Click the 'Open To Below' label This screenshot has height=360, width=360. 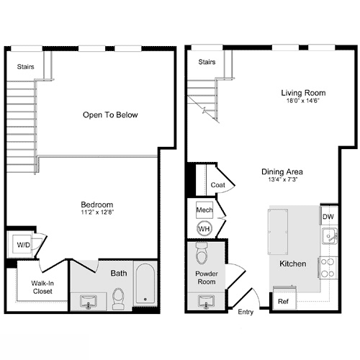(x=110, y=114)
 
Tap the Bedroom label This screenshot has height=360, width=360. (x=96, y=204)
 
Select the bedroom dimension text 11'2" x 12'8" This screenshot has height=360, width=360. (x=96, y=212)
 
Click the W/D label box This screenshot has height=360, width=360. (x=24, y=245)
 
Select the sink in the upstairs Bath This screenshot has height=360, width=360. (x=89, y=300)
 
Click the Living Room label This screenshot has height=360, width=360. (x=303, y=93)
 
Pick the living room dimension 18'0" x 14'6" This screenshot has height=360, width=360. (x=303, y=102)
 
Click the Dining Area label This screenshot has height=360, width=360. (x=282, y=172)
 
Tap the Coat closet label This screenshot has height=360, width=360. (x=218, y=185)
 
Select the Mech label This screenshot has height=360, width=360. (x=203, y=212)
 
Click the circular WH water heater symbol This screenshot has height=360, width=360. (x=204, y=228)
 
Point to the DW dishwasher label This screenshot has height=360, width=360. (x=328, y=215)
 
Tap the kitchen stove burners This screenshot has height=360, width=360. (x=326, y=267)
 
